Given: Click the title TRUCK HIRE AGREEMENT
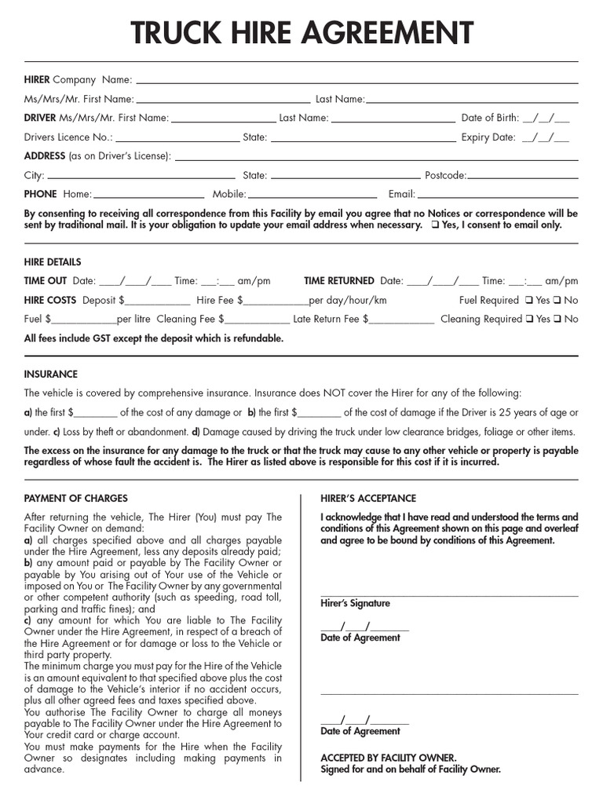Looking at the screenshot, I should coord(301,33).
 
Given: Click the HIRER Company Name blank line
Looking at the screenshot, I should coord(357,80).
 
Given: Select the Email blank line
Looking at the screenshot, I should coord(497,196).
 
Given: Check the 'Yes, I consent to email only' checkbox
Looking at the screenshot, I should coord(435,225).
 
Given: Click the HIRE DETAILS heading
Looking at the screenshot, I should coord(53,262).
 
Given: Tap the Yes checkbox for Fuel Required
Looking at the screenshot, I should coord(529,300).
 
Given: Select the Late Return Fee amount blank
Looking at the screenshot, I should coord(401,320).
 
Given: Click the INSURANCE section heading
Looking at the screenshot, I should coord(51,375).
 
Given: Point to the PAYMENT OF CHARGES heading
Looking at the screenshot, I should coord(76,499).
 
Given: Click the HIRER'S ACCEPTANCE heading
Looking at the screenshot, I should coord(368,499).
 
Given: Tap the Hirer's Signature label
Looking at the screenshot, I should coord(355,604).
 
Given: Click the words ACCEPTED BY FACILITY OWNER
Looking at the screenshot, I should coord(388,758).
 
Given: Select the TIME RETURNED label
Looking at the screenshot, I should coord(339,281).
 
